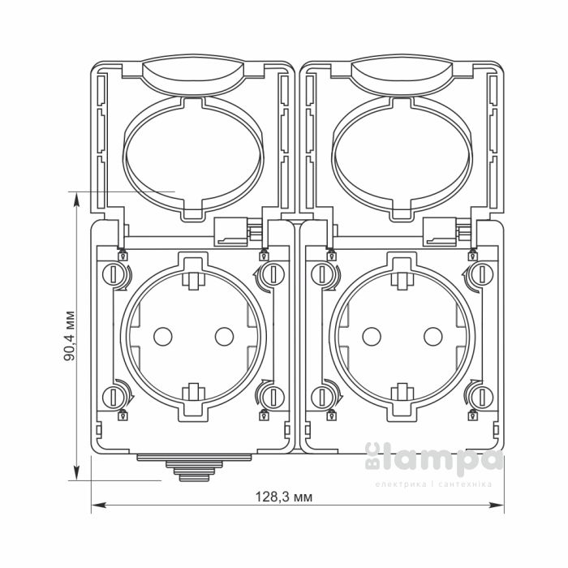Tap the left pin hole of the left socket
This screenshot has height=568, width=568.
coord(160,334)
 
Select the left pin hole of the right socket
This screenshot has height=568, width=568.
coord(372,334)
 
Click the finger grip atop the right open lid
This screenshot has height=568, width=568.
coord(403,75)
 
